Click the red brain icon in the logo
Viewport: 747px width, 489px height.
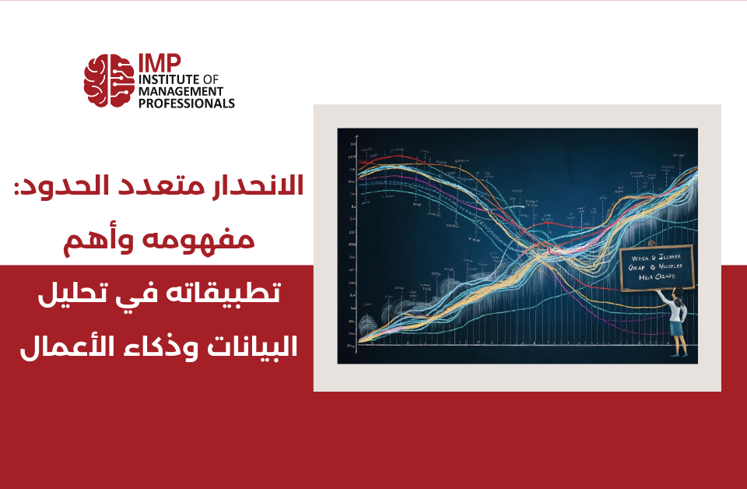[108, 80]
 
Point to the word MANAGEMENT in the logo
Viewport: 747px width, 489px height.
[181, 91]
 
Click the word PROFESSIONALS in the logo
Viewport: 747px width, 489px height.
[186, 103]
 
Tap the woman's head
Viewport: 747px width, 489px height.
[678, 294]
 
